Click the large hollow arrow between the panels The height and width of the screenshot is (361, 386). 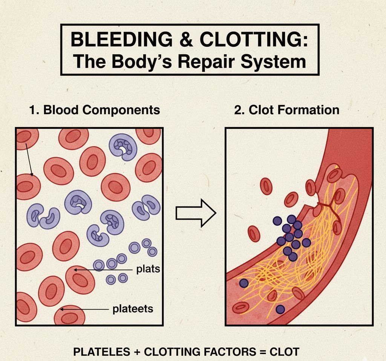tap(196, 214)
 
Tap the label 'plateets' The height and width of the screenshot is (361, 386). tap(133, 309)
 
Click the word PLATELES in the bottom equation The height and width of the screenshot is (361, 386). tap(100, 352)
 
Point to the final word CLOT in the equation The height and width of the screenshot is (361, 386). tap(285, 352)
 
